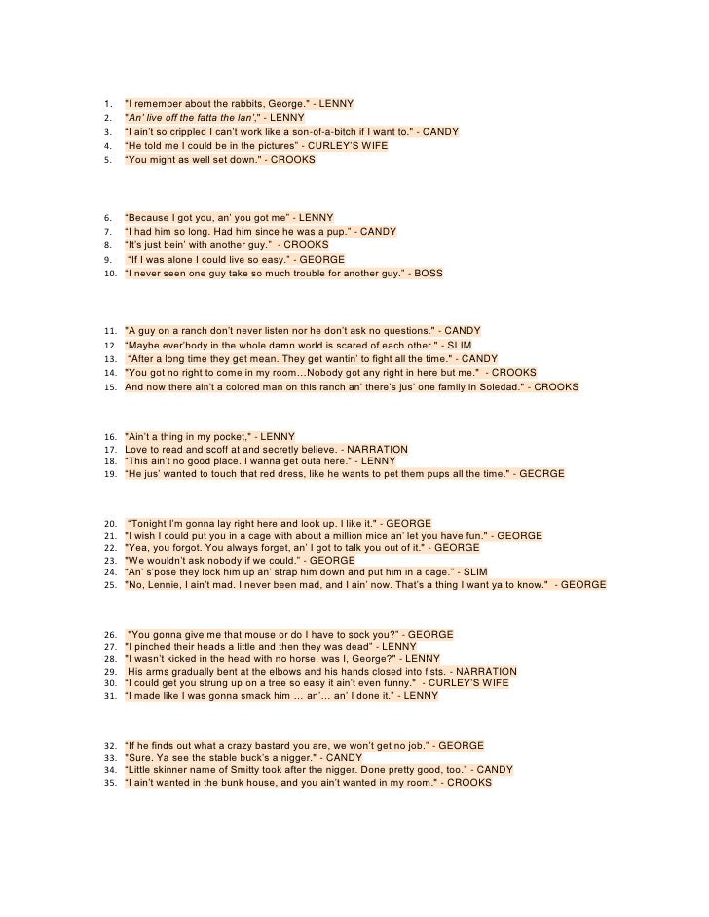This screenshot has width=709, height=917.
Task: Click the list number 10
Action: [x=110, y=275]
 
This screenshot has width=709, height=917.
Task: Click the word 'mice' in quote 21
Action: [x=362, y=535]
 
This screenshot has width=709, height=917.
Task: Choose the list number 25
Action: [x=110, y=584]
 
